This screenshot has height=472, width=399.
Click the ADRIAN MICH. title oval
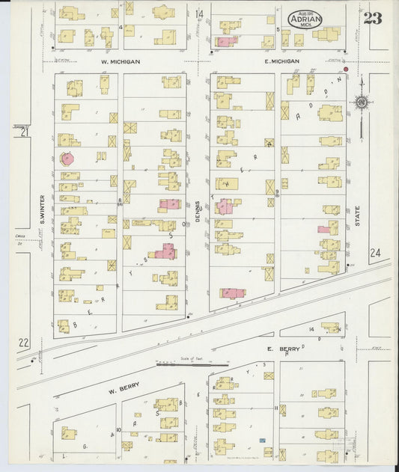(305, 18)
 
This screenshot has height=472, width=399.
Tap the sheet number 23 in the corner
(373, 18)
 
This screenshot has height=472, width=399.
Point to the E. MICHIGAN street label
(281, 62)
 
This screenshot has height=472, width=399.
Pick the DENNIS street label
(199, 202)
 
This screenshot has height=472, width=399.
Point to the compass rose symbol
(362, 102)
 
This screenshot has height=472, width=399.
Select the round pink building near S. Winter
(67, 158)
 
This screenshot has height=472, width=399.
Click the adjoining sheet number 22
(23, 343)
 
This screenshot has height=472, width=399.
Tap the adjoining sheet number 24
(374, 254)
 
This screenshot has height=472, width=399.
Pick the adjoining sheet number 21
(24, 132)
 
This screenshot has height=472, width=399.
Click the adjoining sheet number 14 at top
(199, 14)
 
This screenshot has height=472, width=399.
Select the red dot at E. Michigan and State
(346, 69)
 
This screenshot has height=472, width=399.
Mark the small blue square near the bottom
(263, 441)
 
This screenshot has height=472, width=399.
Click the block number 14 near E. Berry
(311, 329)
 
